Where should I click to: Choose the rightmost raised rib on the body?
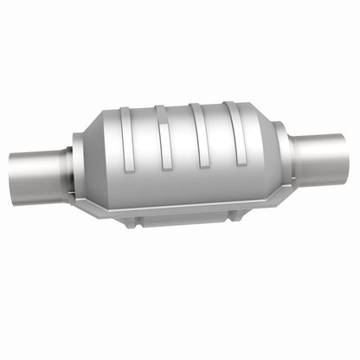pos(236,134)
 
